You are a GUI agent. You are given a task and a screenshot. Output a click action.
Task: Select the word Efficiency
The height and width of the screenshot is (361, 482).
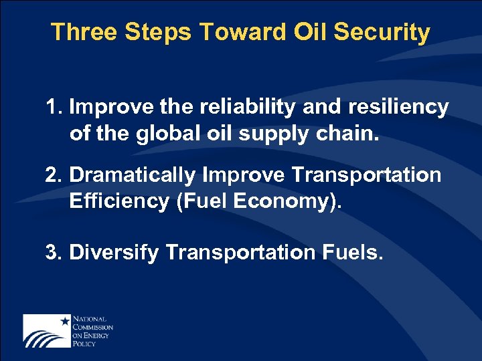118,201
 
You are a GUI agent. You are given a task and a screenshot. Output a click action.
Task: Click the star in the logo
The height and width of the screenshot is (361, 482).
65,321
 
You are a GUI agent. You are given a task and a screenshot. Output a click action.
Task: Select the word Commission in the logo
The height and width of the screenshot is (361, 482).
92,328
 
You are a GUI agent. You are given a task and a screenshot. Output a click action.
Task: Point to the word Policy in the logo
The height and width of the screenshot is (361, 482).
84,342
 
